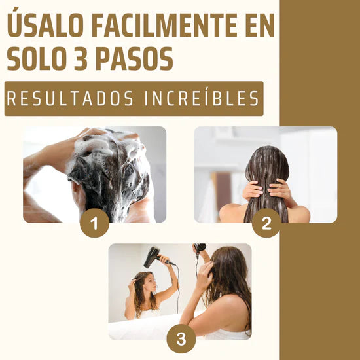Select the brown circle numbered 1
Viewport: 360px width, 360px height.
[95, 224]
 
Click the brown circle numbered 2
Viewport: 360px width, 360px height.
[266, 224]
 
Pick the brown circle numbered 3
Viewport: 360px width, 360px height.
[181, 339]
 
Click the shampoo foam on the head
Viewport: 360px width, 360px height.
[111, 164]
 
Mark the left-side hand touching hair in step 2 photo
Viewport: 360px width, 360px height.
[252, 190]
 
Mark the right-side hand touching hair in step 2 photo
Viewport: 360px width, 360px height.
[281, 190]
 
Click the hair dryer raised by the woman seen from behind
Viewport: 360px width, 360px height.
[200, 248]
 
